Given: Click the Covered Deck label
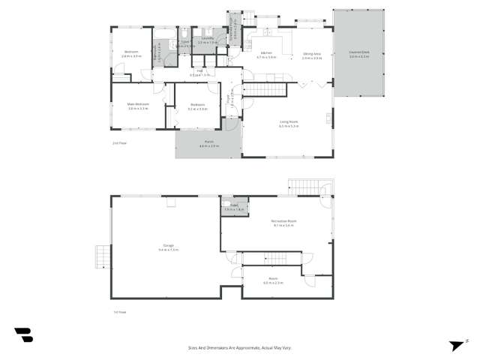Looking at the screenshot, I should pos(358,53).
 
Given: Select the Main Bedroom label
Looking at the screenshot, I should pos(137,104).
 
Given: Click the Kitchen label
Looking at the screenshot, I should pos(266,53).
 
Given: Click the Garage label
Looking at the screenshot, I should pos(169,245).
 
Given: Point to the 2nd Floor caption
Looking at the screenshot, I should pos(117,141).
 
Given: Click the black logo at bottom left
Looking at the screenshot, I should pos(23,335).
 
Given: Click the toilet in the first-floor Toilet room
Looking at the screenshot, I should pos(225,205).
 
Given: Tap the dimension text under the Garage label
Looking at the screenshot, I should pos(169,250).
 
